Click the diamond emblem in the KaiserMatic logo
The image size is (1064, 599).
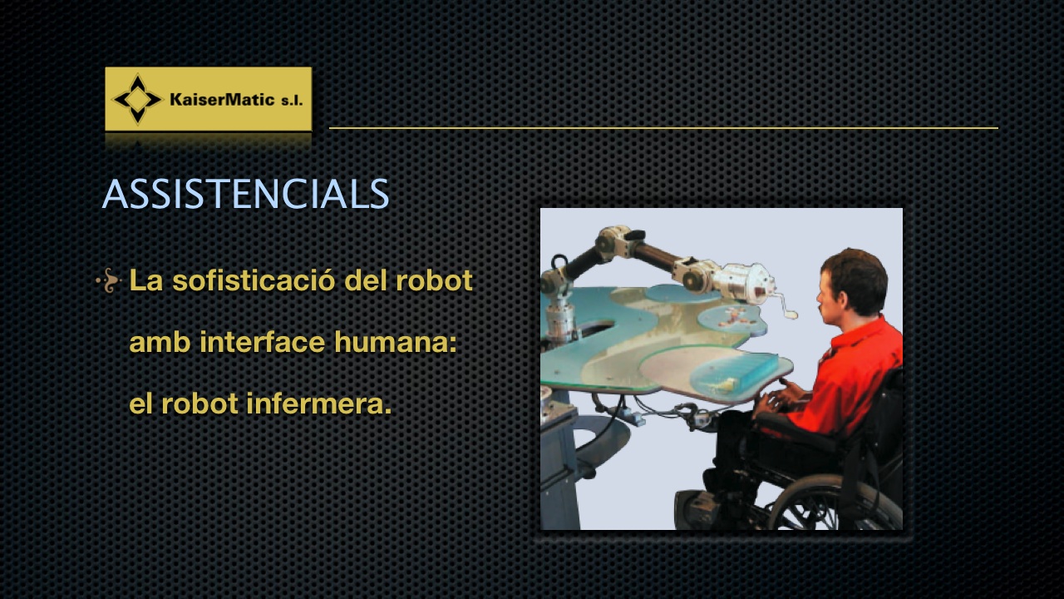[x=138, y=99]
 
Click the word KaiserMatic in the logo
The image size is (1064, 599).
[x=222, y=99]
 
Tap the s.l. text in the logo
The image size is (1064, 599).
[x=292, y=101]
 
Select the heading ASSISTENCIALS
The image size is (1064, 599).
[x=245, y=194]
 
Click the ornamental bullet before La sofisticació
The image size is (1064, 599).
[x=109, y=280]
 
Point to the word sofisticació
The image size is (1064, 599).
[x=254, y=280]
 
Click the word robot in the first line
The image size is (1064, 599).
[x=434, y=280]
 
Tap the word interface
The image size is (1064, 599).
[x=262, y=342]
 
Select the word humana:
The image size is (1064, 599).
[x=395, y=342]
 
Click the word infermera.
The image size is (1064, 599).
[x=319, y=403]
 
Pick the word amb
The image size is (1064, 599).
[x=160, y=342]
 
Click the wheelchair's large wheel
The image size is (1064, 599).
[x=836, y=503]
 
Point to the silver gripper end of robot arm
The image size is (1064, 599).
[x=748, y=285]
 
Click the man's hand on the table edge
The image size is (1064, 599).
[x=779, y=399]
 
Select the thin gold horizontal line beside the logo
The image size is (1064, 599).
[x=663, y=128]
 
